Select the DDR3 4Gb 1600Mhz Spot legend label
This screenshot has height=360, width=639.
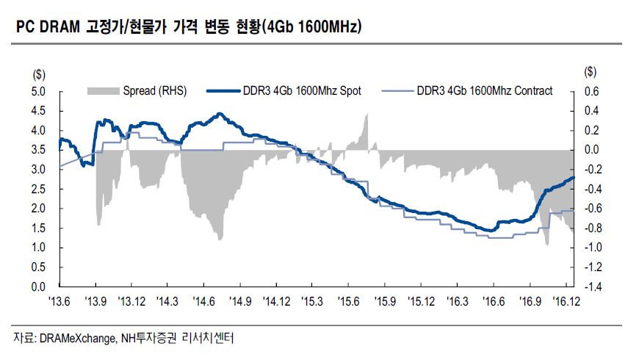point(302,91)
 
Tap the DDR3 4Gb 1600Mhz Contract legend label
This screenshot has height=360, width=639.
point(484,91)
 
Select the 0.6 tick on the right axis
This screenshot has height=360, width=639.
point(591,92)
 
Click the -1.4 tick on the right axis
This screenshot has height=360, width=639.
point(591,287)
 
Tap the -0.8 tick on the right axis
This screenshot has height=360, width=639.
point(591,228)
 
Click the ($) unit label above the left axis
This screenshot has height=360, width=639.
point(38,73)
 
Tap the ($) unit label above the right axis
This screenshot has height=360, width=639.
point(591,73)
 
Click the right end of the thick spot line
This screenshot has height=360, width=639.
point(574,177)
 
